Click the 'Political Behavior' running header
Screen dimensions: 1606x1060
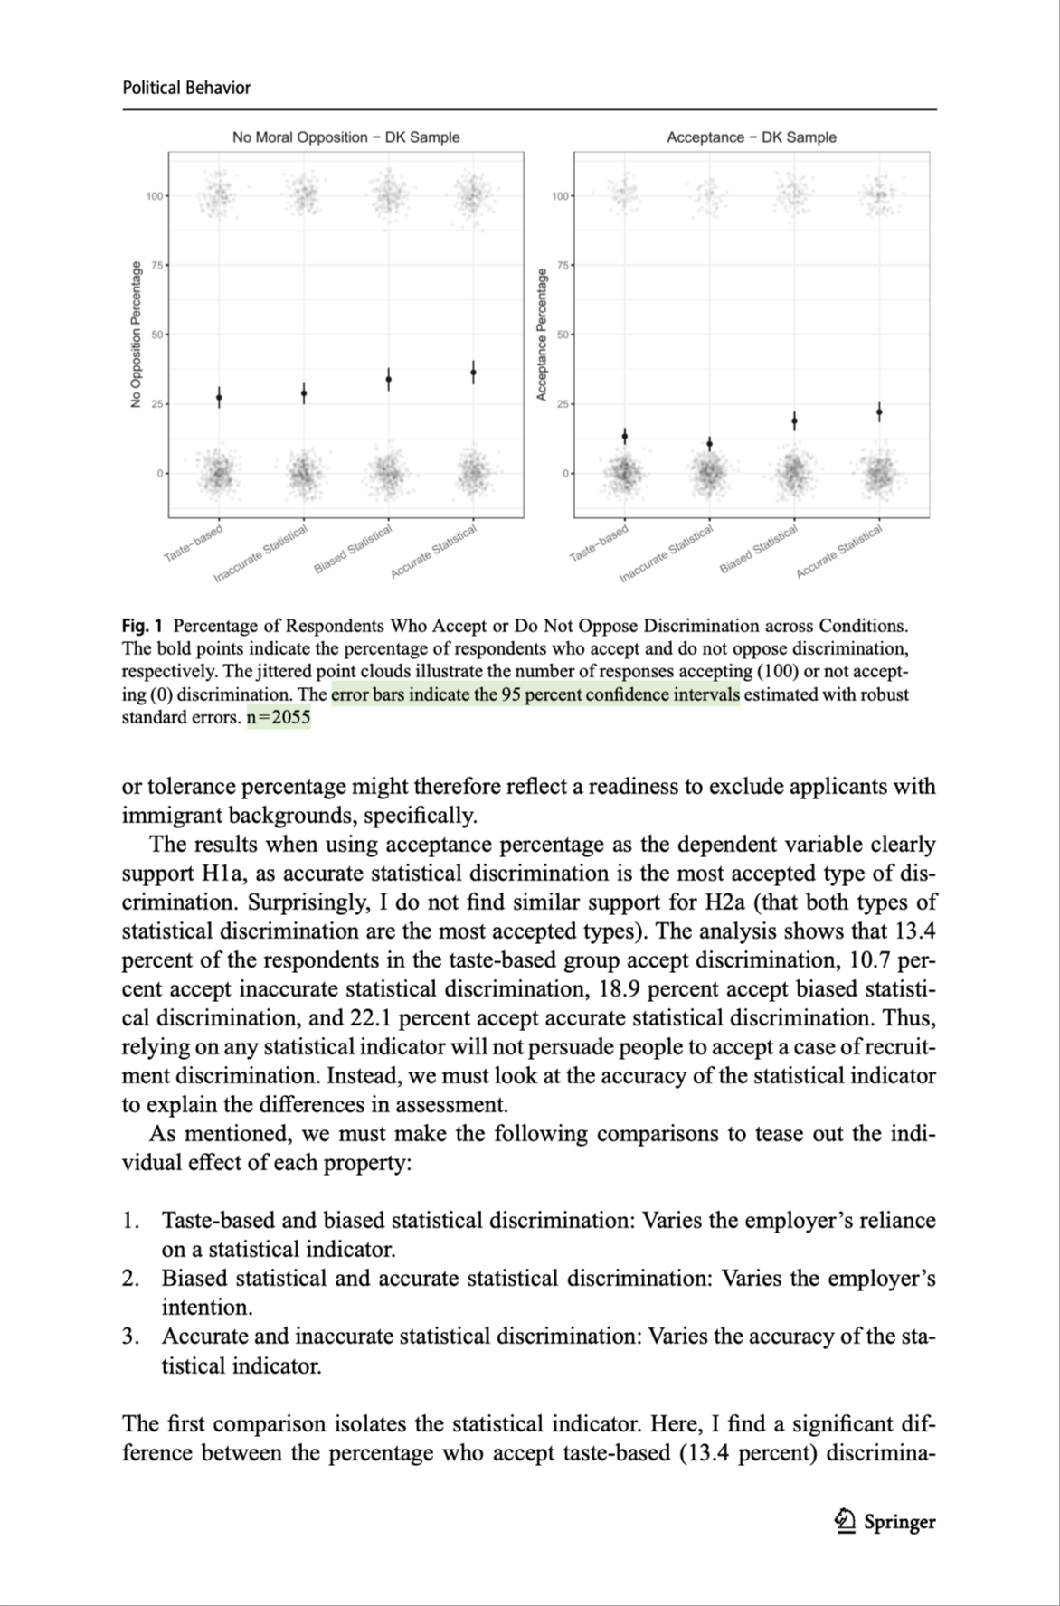click(186, 88)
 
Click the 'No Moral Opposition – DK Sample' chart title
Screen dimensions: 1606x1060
click(345, 137)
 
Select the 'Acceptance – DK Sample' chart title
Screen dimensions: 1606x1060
click(751, 137)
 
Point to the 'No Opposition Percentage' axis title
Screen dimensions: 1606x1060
click(136, 335)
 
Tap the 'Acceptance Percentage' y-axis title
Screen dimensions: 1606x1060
click(542, 335)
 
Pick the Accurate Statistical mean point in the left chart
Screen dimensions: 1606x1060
click(473, 372)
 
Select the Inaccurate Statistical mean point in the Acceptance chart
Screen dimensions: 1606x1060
click(710, 444)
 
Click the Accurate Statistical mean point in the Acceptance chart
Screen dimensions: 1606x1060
click(879, 412)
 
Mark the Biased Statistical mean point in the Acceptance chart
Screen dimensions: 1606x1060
click(794, 421)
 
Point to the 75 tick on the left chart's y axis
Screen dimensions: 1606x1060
click(158, 266)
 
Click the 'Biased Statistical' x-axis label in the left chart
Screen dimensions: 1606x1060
click(353, 549)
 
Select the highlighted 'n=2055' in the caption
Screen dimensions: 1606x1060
click(278, 718)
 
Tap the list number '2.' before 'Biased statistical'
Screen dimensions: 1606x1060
click(130, 1279)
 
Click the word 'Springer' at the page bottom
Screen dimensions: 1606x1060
click(899, 1522)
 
